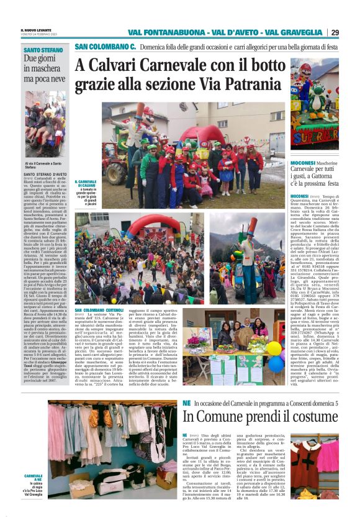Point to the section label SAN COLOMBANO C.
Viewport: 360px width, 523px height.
(104, 47)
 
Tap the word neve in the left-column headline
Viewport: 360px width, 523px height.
(56, 80)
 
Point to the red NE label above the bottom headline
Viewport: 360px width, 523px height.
(187, 403)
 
